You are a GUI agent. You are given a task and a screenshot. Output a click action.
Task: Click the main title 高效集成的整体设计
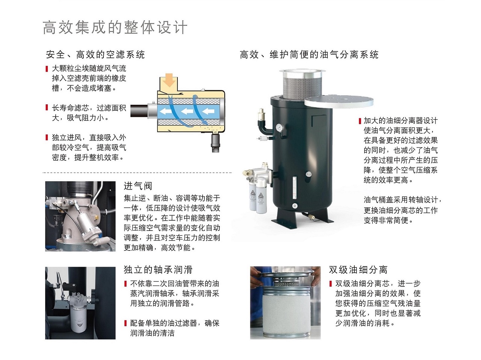coord(115,27)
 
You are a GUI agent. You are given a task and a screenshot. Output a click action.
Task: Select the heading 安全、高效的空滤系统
coord(95,54)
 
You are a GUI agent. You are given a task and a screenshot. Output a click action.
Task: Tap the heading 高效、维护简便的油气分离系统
coord(309,54)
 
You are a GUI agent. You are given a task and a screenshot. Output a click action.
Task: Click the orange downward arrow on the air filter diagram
coord(169,80)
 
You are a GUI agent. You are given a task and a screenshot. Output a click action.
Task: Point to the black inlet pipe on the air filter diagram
coord(139,111)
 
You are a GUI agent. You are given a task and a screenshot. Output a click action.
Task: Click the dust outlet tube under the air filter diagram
coord(215,143)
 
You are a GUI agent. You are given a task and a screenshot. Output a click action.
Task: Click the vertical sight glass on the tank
coord(295,188)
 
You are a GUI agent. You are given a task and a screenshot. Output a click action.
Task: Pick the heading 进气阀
coord(138,186)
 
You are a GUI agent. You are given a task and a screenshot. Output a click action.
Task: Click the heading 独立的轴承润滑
coord(158,270)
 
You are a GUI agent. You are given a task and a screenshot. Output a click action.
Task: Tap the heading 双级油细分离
coord(358,270)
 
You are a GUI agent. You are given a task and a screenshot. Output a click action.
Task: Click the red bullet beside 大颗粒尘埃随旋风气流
coord(47,69)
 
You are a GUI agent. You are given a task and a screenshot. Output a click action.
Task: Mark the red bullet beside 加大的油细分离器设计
coord(360,121)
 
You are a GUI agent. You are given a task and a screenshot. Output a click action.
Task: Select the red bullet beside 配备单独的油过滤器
coord(126,323)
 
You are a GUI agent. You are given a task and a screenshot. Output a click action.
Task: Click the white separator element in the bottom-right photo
coord(285,310)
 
